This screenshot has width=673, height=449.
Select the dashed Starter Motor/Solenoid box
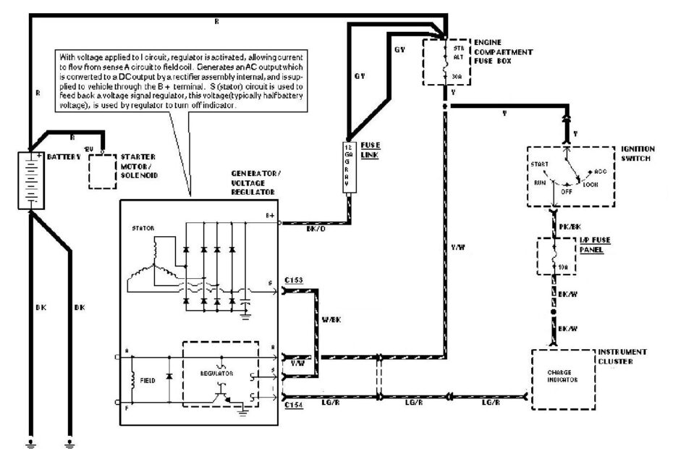(103, 170)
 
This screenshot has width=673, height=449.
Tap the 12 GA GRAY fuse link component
(348, 167)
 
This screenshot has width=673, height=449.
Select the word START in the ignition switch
(540, 164)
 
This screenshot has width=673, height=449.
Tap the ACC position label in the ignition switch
(600, 172)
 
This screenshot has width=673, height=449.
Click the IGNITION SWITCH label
(636, 153)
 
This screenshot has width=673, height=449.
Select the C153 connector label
(294, 280)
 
